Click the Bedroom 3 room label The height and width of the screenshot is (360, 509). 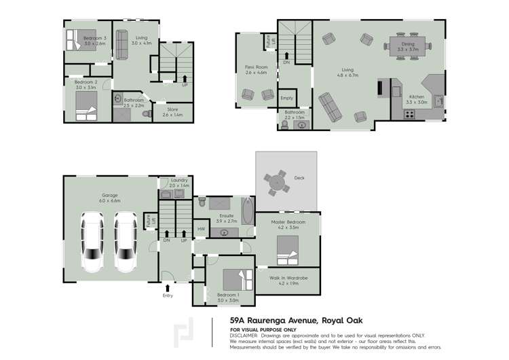coord(95,39)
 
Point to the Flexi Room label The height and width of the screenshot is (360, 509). coord(255,67)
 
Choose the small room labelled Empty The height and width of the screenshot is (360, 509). coord(286,98)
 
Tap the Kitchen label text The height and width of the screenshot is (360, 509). coord(415,97)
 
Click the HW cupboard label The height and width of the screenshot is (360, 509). coord(200,229)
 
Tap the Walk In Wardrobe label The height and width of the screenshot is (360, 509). coord(288,278)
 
